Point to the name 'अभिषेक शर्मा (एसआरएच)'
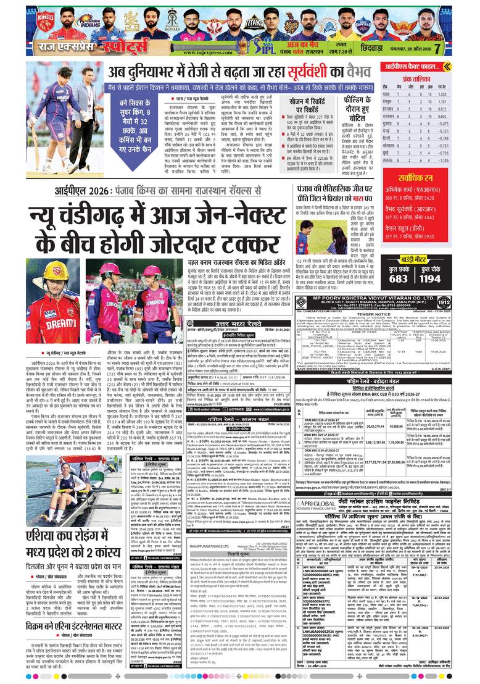pos(413,191)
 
